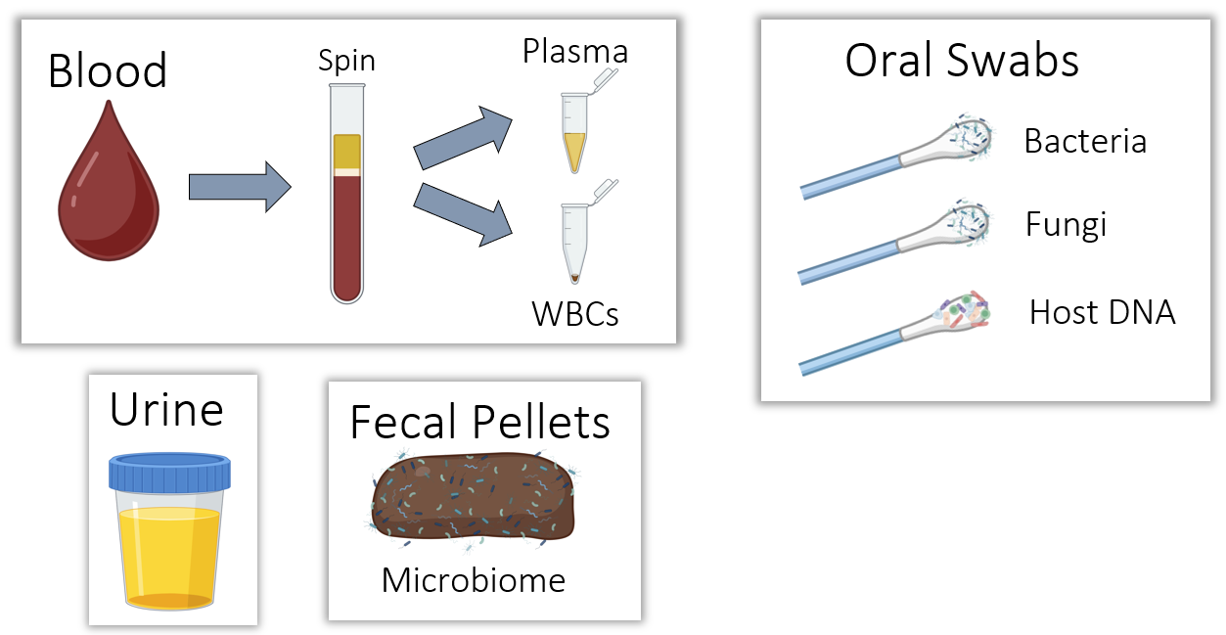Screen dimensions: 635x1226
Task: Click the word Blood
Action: point(108,71)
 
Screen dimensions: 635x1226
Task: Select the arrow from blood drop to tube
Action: point(239,185)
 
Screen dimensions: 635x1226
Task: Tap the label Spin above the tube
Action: point(346,61)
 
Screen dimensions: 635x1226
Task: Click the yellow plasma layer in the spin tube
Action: point(347,151)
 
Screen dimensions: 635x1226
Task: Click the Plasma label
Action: point(575,51)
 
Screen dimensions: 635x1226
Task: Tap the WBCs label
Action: point(575,314)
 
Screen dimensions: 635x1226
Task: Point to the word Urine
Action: point(166,410)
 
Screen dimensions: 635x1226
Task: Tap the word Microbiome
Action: point(474,580)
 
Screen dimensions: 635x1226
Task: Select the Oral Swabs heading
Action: point(962,61)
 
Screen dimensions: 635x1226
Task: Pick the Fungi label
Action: point(1066,225)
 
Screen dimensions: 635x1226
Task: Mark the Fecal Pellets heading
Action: point(479,424)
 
